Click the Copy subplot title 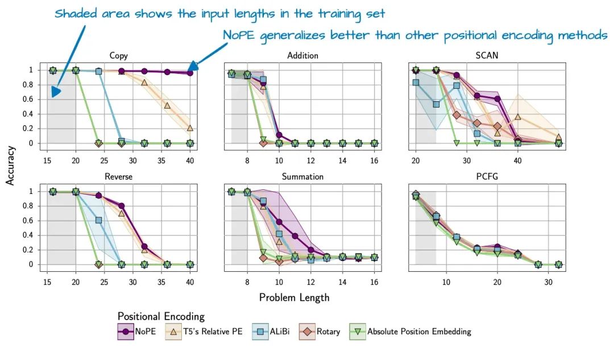tap(118, 56)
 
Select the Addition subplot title tap(302, 56)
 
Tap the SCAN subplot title tap(487, 56)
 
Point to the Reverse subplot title tap(118, 177)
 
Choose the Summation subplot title tap(302, 177)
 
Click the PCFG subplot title tap(487, 177)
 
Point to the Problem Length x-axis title tap(294, 297)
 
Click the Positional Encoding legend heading tap(161, 316)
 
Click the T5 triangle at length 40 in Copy tap(190, 128)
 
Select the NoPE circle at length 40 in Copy tap(190, 73)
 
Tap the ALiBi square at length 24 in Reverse tap(98, 220)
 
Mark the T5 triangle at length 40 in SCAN tap(518, 117)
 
